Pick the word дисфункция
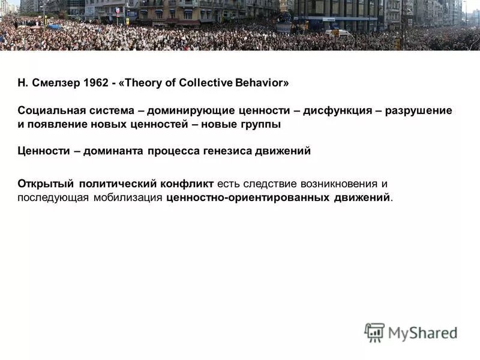334,111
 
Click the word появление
58,125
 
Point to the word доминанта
114,151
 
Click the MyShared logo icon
375,332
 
